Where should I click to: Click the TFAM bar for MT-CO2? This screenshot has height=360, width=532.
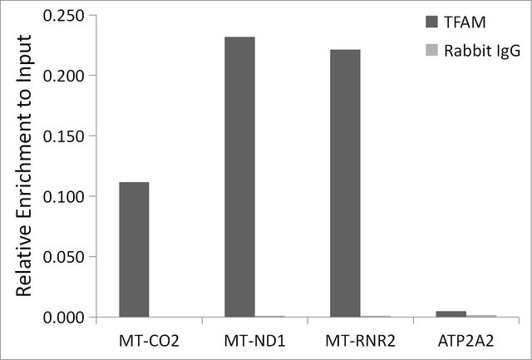tap(134, 249)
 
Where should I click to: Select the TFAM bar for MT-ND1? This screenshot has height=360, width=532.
tap(239, 177)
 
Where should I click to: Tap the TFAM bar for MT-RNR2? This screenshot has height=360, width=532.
tap(345, 183)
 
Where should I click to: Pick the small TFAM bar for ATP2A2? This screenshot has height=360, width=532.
tap(451, 314)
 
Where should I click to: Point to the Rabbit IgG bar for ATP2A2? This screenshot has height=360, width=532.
tap(481, 316)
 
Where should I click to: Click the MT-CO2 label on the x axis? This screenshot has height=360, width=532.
tap(149, 342)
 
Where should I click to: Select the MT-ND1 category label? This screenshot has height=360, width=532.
tap(255, 342)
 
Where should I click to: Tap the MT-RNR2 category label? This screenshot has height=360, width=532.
tap(360, 342)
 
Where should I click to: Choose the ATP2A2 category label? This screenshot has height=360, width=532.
tap(465, 342)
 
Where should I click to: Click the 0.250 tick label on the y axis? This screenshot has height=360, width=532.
tap(64, 16)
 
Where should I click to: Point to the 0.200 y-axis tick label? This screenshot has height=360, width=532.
tap(64, 76)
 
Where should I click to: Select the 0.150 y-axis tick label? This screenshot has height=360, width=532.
tap(64, 136)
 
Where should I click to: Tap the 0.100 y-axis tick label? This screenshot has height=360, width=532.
tap(64, 197)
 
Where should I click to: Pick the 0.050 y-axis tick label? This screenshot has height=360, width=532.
tap(64, 257)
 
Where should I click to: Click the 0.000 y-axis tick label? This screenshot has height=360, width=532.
tap(64, 318)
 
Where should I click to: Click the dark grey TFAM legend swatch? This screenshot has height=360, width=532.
tap(432, 22)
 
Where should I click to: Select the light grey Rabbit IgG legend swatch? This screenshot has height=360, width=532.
tap(432, 50)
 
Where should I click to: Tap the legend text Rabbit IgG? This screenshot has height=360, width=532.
tap(482, 52)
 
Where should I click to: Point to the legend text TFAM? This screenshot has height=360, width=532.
tap(465, 22)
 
